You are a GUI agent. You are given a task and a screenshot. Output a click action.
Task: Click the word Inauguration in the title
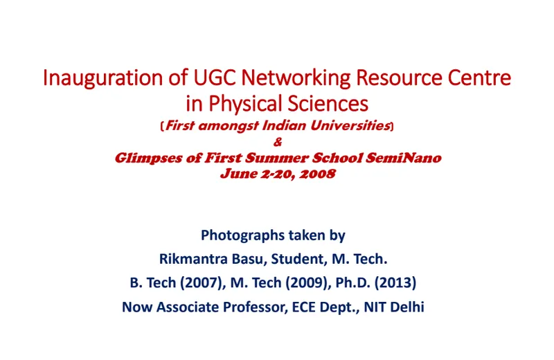tap(102, 78)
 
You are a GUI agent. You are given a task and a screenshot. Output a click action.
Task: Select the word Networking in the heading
tap(296, 78)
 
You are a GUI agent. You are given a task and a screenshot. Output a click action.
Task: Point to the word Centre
tap(479, 78)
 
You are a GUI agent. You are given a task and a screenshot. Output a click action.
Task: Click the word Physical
tap(245, 104)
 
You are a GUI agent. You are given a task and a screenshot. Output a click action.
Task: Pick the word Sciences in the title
tap(328, 104)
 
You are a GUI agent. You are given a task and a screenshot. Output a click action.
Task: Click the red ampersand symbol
tap(278, 142)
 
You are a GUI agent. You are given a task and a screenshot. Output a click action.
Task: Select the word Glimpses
tap(148, 159)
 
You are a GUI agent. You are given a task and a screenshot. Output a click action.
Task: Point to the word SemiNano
tap(404, 158)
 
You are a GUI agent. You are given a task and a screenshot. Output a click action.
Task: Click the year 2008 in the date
tap(317, 174)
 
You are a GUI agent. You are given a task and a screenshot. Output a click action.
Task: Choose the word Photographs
tap(243, 235)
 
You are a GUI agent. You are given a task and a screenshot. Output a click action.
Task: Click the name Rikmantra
tap(194, 259)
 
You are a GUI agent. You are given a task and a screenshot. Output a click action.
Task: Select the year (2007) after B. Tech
tap(203, 282)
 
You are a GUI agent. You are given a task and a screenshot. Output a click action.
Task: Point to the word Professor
tap(253, 307)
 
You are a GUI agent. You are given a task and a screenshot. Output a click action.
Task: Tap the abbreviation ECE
tap(303, 307)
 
